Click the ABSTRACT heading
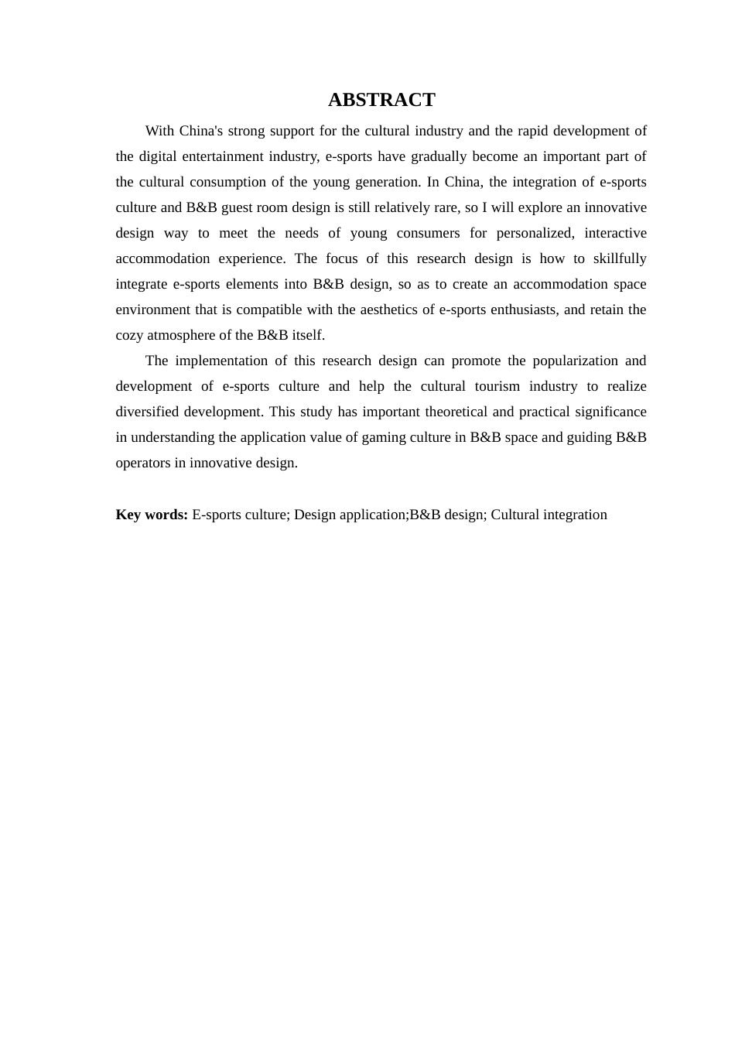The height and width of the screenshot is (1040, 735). pos(381,100)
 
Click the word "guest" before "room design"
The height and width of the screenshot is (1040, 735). pos(238,207)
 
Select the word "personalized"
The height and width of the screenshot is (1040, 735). pos(535,233)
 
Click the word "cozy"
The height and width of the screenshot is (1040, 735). pos(129,335)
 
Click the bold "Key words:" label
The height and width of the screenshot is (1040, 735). pos(152,515)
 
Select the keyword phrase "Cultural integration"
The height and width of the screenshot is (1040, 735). pos(549,515)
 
